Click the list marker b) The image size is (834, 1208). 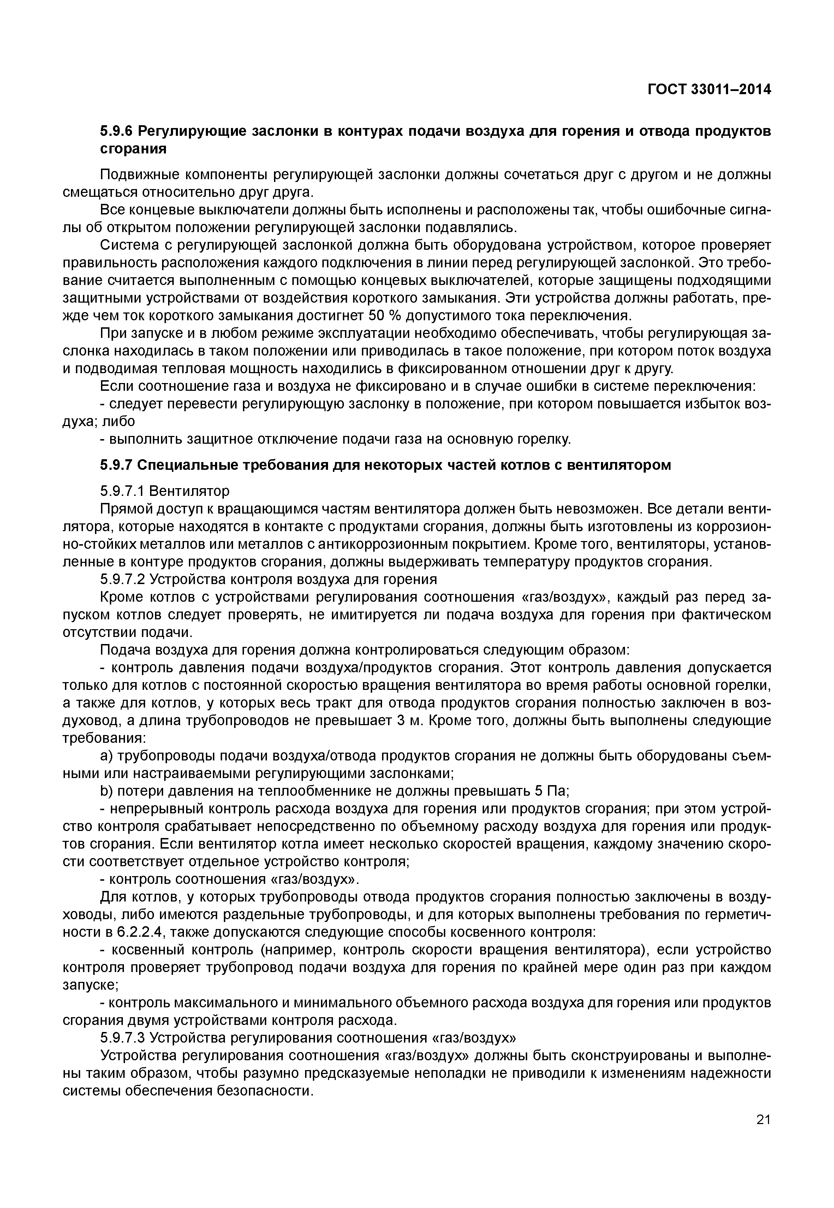click(106, 791)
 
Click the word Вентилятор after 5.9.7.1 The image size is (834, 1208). click(189, 491)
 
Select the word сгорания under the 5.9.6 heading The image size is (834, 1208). click(133, 149)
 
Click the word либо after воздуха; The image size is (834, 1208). click(118, 421)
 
